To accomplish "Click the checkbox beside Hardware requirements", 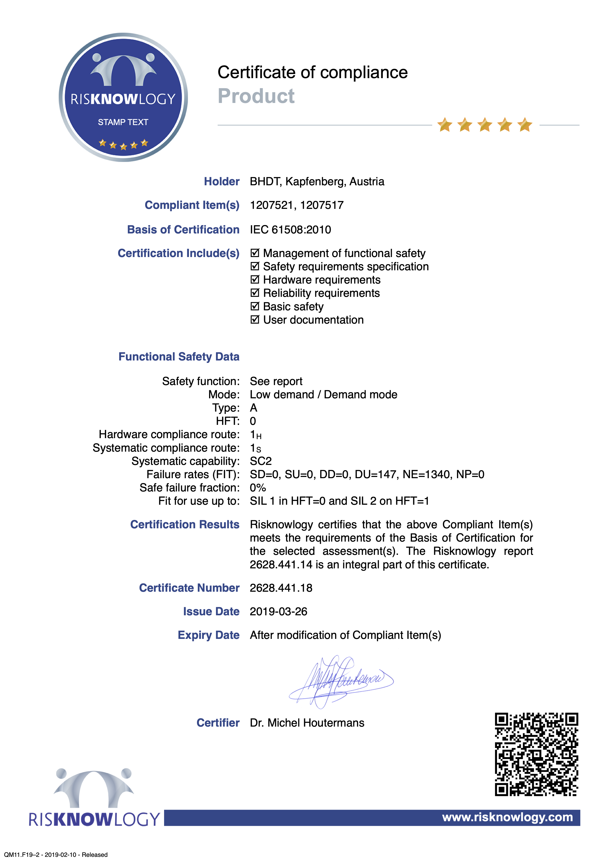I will pos(255,280).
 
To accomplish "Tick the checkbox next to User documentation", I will pos(255,320).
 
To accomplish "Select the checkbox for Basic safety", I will pos(255,306).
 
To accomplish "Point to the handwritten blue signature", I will pos(340,681).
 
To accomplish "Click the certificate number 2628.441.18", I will pos(281,588).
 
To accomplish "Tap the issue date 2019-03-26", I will pos(278,612).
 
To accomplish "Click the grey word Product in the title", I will pos(256,96).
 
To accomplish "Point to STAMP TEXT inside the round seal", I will pos(123,122).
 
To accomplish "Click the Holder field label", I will pos(221,182).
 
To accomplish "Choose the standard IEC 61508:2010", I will pos(290,230).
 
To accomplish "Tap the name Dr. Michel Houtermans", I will pos(307,723).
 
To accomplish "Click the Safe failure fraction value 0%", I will pos(258,488).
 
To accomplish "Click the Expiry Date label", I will pos(208,635).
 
